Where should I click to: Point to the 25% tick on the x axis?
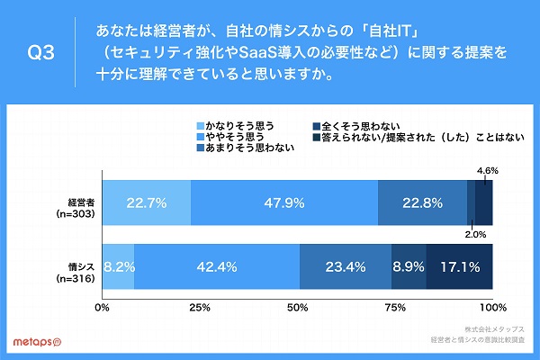[x=200, y=309]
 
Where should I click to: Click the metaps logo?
[x=36, y=343]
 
